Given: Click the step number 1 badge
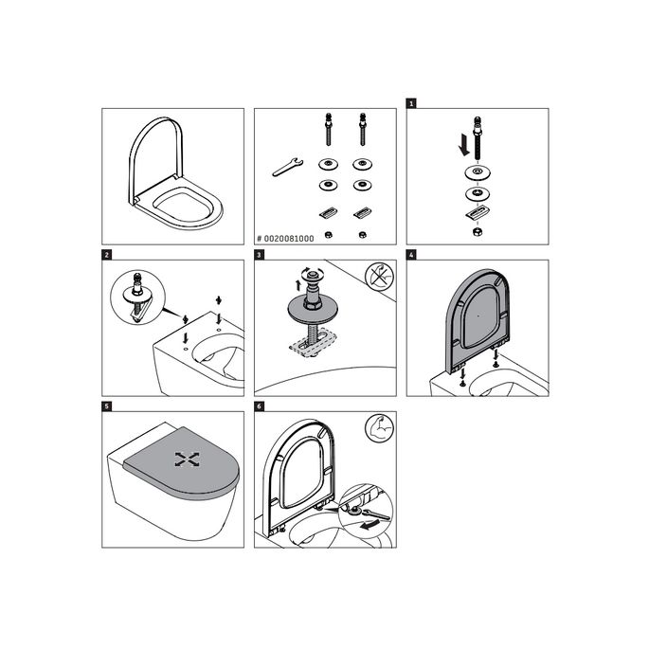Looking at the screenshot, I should coord(411,103).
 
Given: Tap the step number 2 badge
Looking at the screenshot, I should coord(107,255).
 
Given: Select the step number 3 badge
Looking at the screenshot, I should coord(259,255).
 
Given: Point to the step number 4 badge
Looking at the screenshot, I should coord(411,255).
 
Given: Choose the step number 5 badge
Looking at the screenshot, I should coord(107,406).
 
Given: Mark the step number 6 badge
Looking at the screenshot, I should coord(259,406).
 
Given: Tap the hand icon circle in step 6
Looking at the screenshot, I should coord(377,429).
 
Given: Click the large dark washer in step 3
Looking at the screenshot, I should coord(310,304).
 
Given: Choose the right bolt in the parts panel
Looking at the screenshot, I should coord(362,128).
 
